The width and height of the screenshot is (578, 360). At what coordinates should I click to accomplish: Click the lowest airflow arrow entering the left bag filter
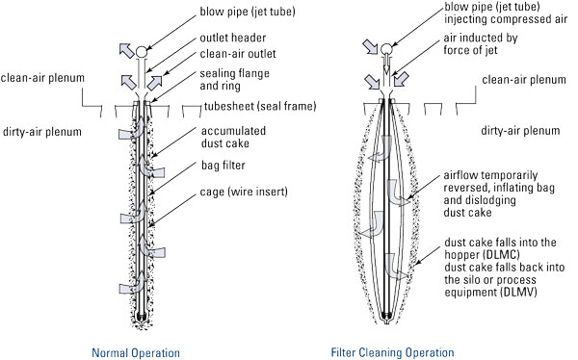point(126,286)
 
